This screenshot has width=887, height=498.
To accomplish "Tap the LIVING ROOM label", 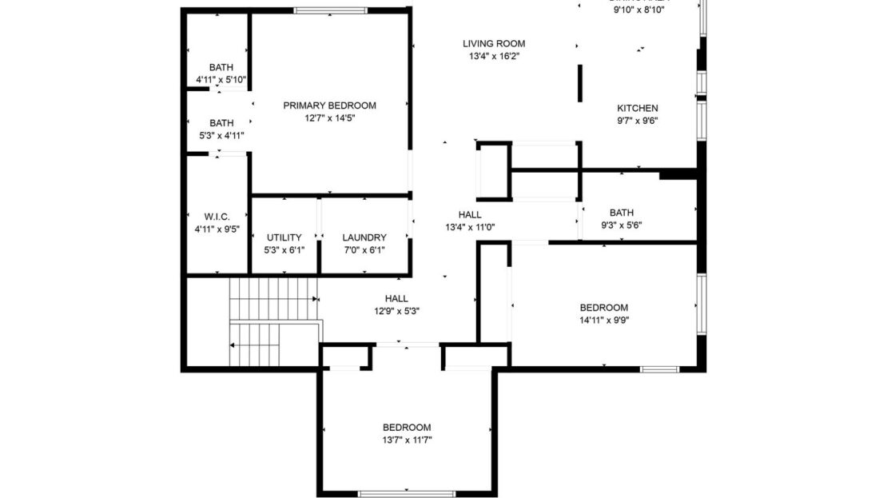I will (494, 44).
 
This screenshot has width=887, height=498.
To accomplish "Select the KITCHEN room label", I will (637, 109).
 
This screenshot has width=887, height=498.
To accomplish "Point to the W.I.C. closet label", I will (217, 217).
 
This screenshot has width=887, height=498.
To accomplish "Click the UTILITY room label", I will (284, 237).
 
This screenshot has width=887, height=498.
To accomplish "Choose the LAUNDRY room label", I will (364, 237).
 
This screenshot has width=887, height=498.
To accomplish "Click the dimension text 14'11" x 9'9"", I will (603, 320).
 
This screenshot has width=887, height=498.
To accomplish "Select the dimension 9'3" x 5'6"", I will (621, 225).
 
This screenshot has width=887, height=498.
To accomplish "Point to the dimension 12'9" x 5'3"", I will (396, 311).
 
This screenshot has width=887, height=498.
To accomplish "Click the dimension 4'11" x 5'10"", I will (221, 80).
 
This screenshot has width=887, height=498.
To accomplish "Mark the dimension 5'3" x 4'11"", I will (221, 135).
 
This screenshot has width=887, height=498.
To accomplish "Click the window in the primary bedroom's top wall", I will (329, 10).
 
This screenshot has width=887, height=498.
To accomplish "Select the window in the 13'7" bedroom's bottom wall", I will (407, 492).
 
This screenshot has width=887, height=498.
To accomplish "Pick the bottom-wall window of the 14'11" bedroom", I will (659, 369).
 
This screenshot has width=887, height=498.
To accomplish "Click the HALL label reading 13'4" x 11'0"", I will (470, 215).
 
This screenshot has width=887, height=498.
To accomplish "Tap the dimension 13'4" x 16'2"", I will (494, 57).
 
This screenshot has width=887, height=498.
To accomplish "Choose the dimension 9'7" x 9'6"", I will (637, 122).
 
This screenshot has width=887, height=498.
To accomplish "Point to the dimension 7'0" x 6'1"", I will (364, 249).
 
